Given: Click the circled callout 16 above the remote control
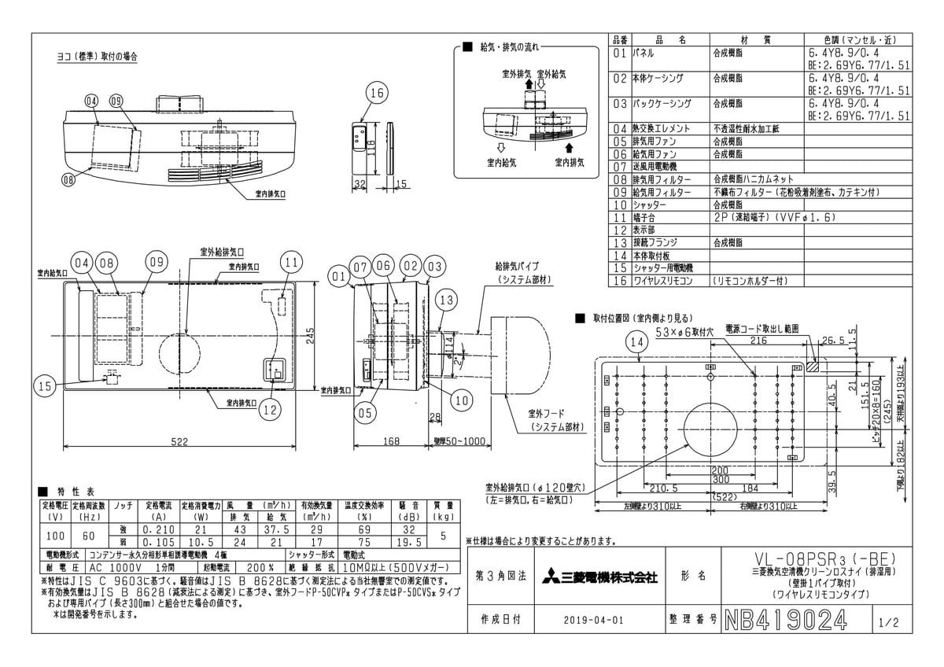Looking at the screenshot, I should [x=377, y=93].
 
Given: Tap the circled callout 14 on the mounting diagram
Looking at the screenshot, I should [x=639, y=341].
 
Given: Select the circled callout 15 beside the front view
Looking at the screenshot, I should [x=46, y=385].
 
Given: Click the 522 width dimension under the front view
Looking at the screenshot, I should [x=180, y=442].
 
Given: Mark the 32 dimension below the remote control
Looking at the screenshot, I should [x=360, y=183].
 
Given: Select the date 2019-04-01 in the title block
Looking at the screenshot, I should [x=594, y=620].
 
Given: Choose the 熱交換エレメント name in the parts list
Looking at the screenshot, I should [x=661, y=128].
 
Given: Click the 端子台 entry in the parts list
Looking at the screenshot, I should [x=647, y=216].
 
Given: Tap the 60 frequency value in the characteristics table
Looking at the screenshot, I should [x=88, y=536].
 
